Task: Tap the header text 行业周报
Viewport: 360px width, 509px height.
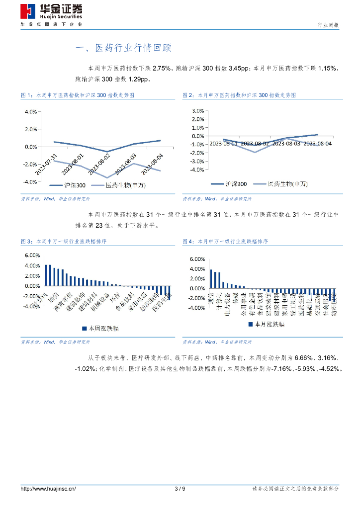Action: pos(328,24)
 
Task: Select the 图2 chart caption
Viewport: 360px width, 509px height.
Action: pos(247,94)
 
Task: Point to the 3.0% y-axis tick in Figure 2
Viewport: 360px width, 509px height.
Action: pos(198,110)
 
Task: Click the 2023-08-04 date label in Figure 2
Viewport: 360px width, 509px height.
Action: pos(318,144)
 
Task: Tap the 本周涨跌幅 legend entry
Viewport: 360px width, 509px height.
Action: pos(104,329)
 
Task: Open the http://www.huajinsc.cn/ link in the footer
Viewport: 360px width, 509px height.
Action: pos(48,489)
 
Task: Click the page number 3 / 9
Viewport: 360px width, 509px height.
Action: pos(180,489)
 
